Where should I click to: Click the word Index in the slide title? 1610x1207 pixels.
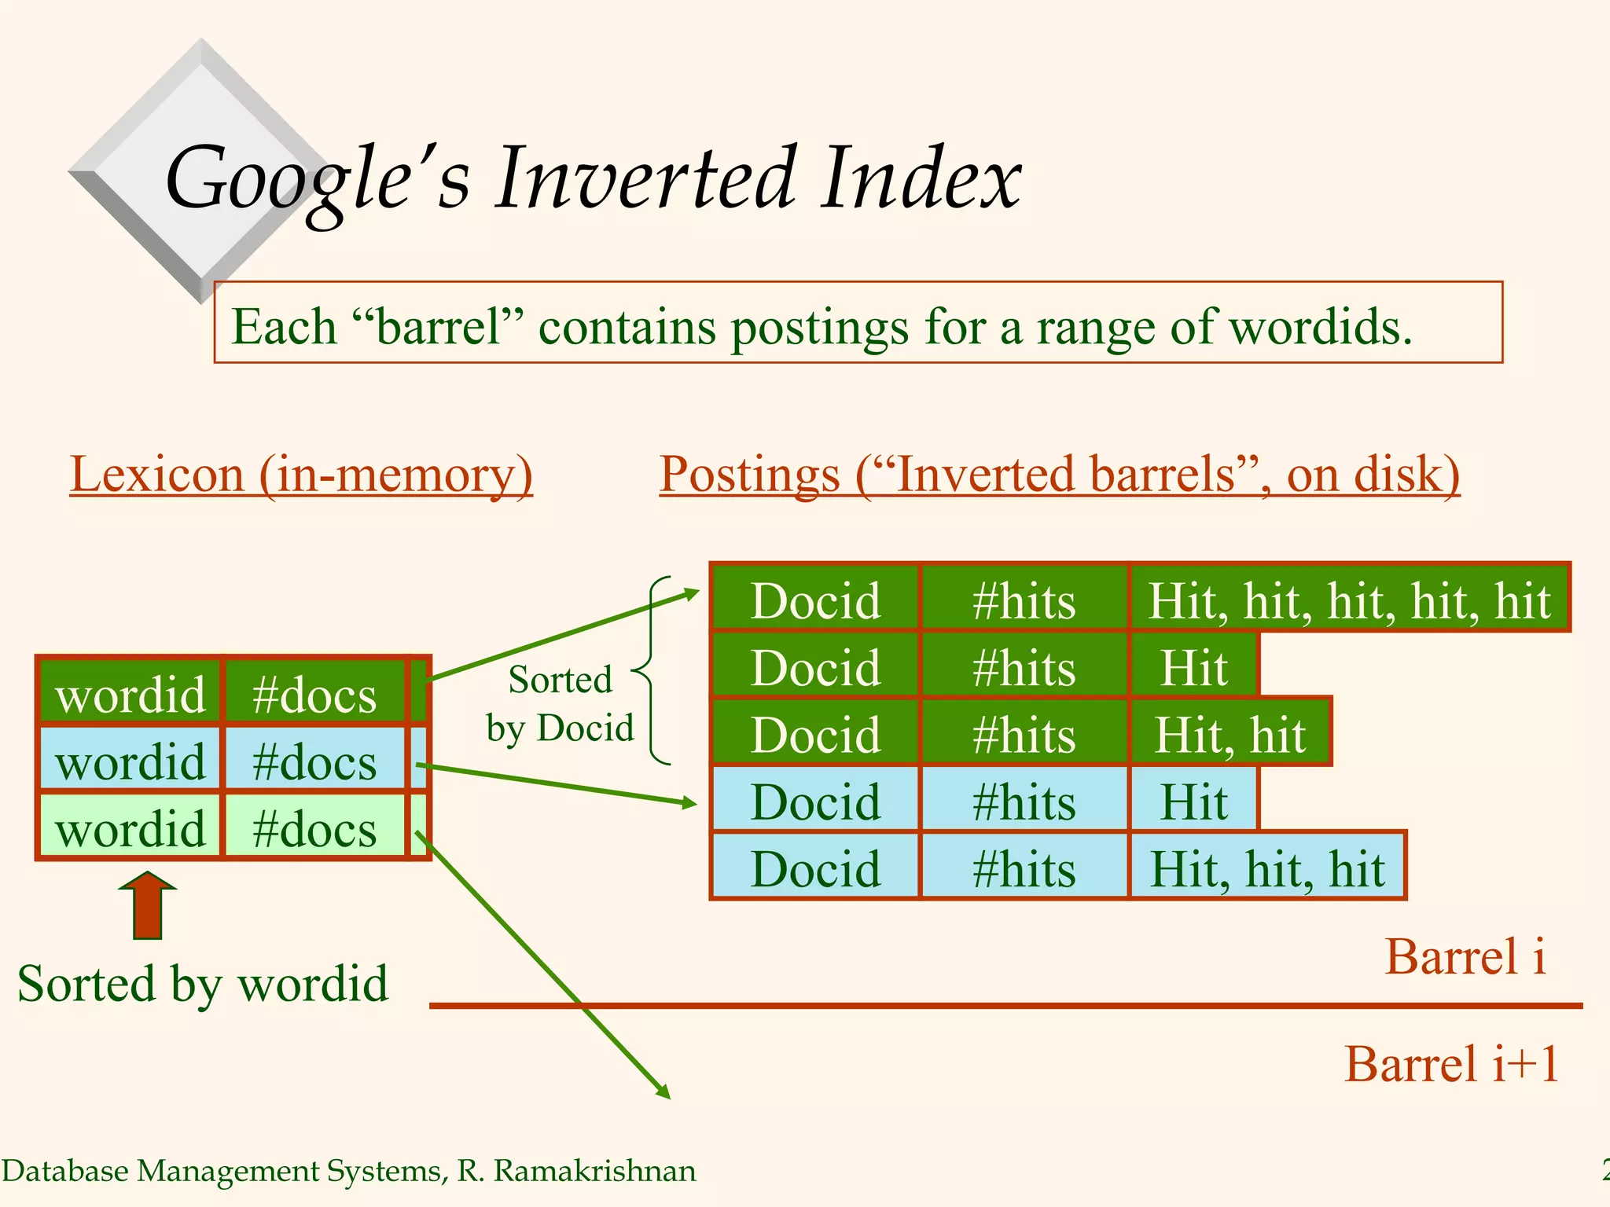click(921, 179)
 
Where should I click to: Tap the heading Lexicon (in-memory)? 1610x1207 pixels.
click(301, 475)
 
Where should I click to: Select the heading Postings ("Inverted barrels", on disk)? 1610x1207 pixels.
click(1059, 475)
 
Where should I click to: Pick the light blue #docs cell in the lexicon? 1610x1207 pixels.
click(314, 761)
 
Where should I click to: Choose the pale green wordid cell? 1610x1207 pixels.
click(130, 828)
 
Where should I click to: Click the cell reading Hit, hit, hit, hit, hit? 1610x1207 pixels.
click(1349, 600)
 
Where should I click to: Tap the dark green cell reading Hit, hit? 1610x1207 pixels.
click(1230, 734)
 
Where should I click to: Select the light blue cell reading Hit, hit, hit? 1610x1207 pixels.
click(1266, 868)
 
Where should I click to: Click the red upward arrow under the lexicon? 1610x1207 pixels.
click(148, 905)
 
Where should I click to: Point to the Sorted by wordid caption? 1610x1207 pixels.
click(203, 984)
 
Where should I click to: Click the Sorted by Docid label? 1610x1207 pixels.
click(560, 704)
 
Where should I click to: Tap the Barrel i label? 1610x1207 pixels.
click(1465, 957)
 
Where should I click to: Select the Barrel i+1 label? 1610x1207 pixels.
click(1451, 1064)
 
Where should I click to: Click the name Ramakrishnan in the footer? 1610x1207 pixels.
click(594, 1171)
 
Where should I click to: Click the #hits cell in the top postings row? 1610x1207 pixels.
click(1024, 600)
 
